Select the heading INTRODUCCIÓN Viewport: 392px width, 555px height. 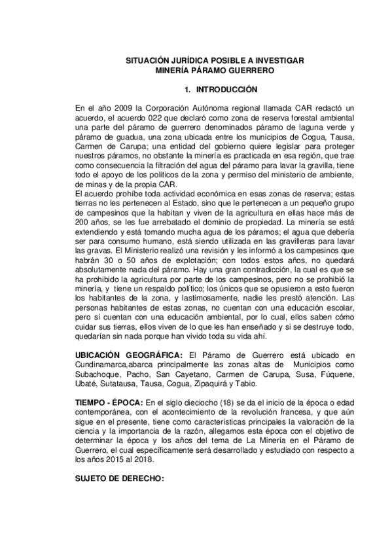(x=225, y=88)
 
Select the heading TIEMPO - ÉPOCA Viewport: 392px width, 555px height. (x=106, y=401)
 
